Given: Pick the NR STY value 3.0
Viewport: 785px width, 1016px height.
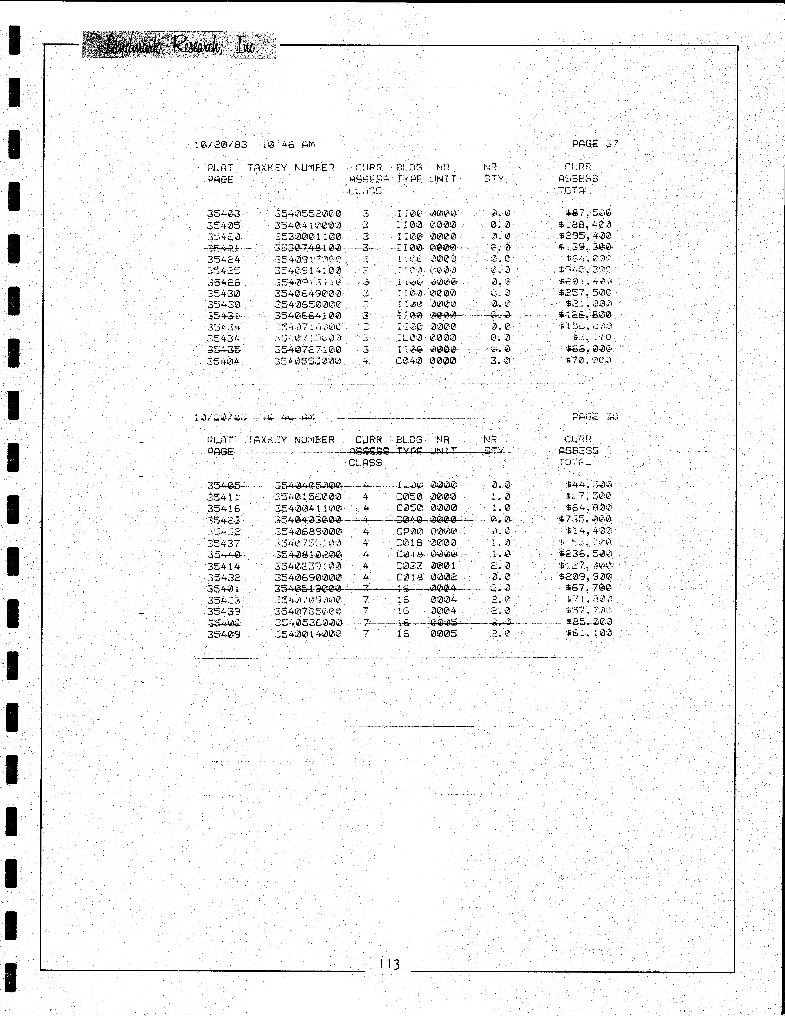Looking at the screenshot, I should [x=500, y=360].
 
